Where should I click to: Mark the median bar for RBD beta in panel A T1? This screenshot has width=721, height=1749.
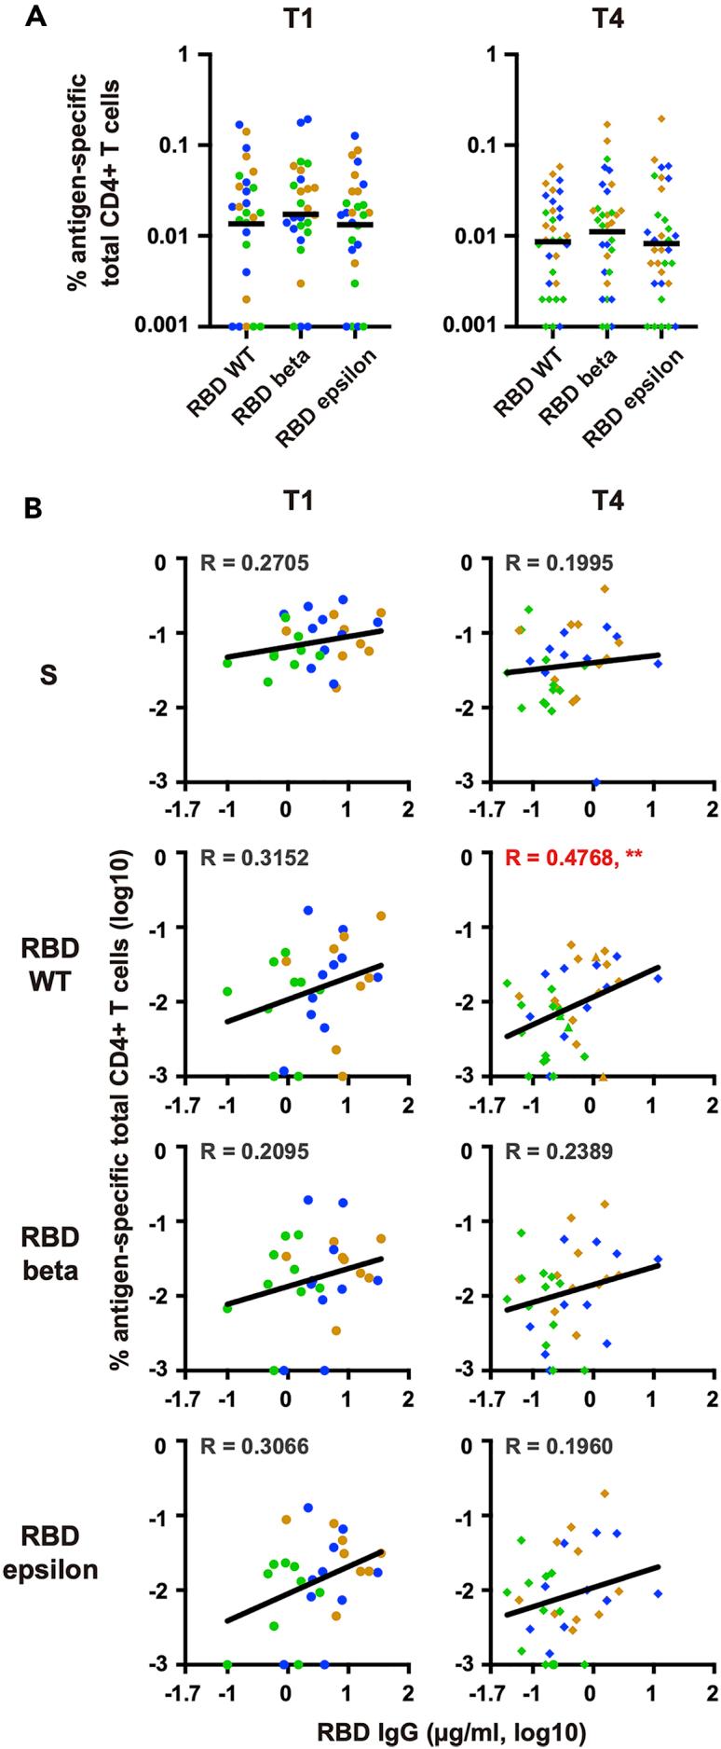coord(301,214)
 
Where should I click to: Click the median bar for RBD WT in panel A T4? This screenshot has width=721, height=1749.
coord(553,241)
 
